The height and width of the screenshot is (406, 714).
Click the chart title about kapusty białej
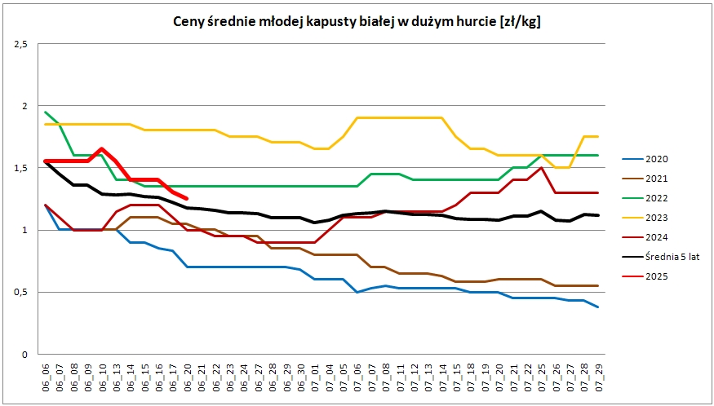[x=357, y=22]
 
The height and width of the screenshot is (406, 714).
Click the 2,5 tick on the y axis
[x=21, y=44]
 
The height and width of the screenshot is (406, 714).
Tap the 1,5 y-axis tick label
[x=21, y=168]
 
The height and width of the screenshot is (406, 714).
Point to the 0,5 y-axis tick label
[x=21, y=292]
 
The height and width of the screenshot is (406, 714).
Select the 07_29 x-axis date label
[x=598, y=379]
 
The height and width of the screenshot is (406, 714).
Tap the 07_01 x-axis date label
[x=316, y=379]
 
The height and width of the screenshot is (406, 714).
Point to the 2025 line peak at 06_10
[x=102, y=148]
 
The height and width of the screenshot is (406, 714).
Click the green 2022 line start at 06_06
[x=46, y=113]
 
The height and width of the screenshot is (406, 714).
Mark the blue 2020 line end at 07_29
[x=598, y=307]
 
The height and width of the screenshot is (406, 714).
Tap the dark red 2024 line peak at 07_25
[x=541, y=168]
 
